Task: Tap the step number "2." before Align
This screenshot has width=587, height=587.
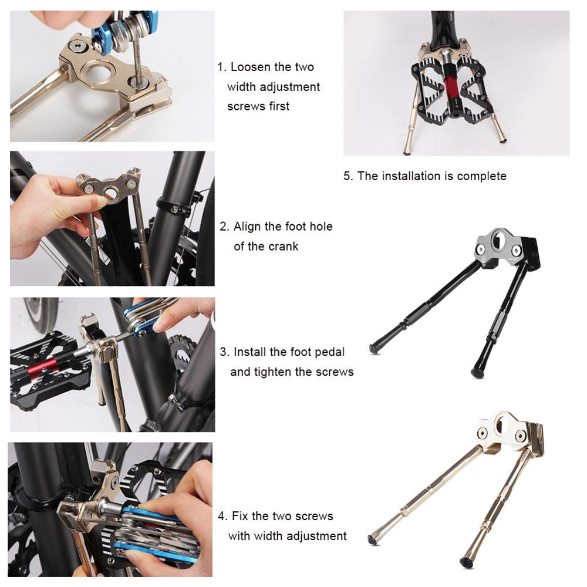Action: pos(225,227)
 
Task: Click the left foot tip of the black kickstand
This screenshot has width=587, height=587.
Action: pos(374,349)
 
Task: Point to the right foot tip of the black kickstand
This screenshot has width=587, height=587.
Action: pos(476,372)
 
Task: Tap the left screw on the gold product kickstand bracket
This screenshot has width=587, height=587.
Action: pos(483,434)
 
